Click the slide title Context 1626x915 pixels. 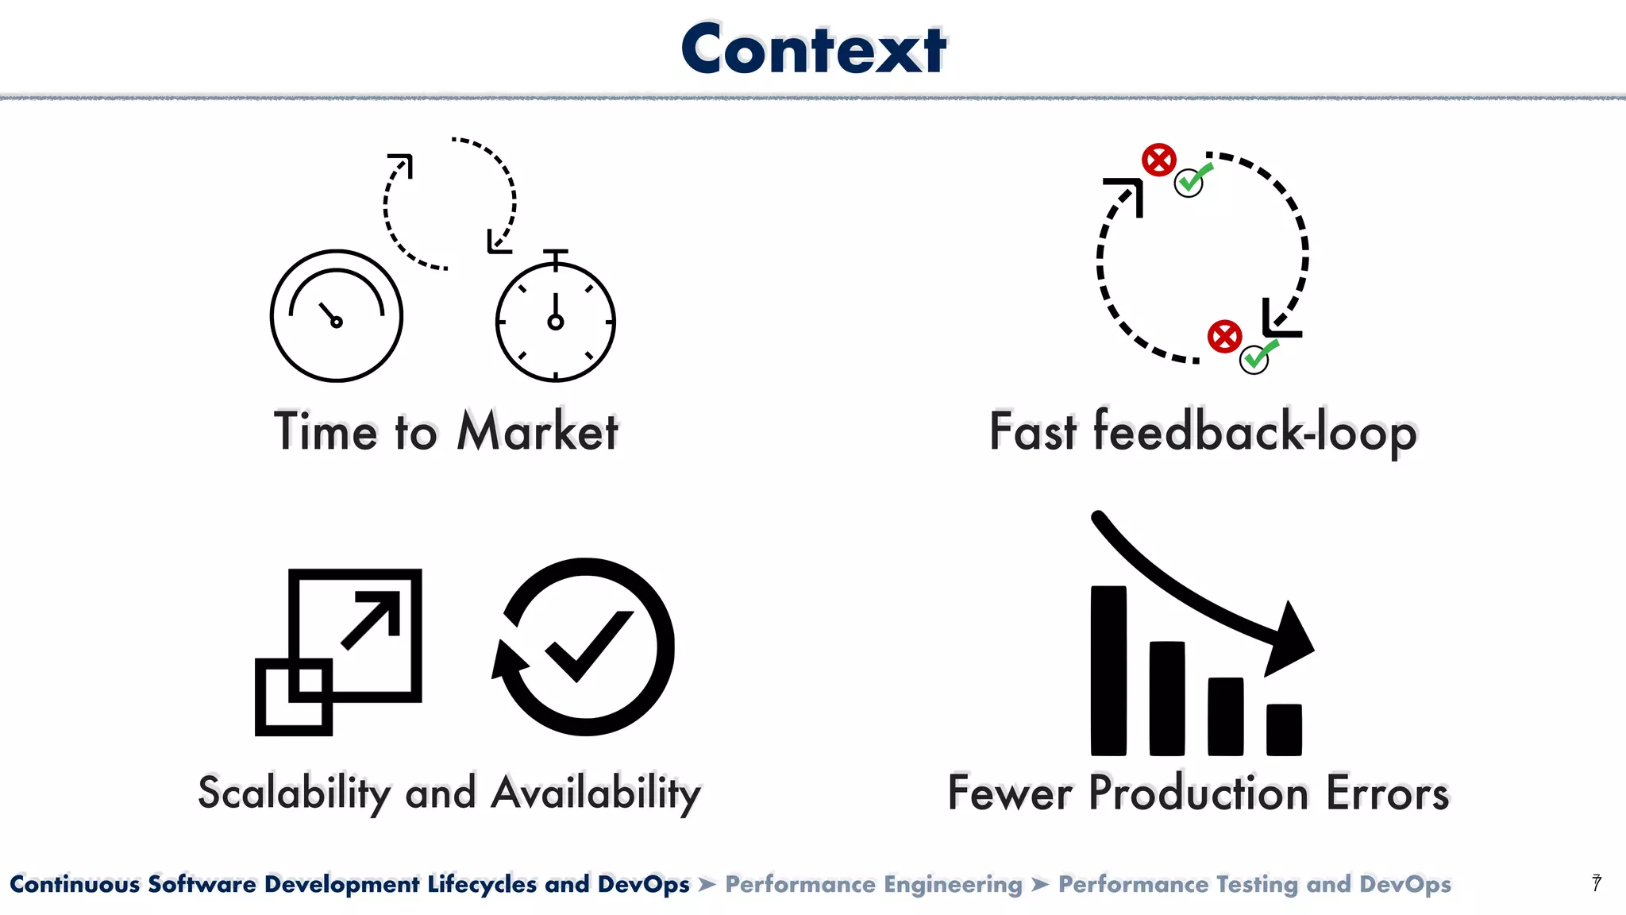coord(814,49)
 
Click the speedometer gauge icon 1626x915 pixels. coord(337,316)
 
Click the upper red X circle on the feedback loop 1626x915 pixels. coord(1159,160)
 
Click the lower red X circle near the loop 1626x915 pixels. coord(1225,337)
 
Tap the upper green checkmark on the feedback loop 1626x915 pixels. coord(1191,181)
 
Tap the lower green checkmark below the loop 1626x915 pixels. coord(1256,357)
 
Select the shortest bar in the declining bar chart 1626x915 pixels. coord(1284,729)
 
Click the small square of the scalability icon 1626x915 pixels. coord(294,697)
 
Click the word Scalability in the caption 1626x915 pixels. coord(295,793)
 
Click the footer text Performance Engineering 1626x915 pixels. coord(873,884)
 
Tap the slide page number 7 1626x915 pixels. coord(1597,883)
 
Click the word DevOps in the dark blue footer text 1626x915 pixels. coord(643,884)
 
